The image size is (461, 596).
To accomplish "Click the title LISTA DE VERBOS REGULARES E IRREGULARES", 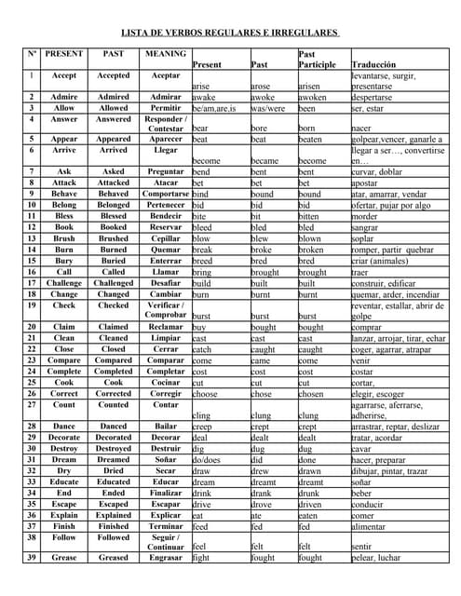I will pos(230,33).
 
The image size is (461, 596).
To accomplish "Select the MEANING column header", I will pos(165,54).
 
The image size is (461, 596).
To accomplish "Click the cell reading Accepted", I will pos(114,75).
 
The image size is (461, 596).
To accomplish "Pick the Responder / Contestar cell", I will pos(165,124).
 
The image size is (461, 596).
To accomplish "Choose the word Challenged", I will pos(114,282).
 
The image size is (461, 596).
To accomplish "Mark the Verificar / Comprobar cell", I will pos(165,310).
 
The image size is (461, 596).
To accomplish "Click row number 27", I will pos(32,406).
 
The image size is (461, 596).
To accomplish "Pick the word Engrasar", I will pos(165,558).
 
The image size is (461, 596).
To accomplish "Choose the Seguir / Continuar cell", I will pos(165,542).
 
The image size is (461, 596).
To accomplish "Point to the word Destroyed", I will pos(114,448).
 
